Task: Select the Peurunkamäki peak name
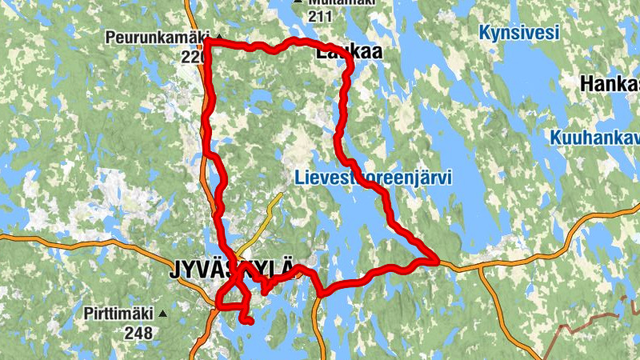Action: point(156,37)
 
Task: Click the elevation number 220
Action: point(192,57)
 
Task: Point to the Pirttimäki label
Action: point(119,314)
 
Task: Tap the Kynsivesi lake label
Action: point(518,33)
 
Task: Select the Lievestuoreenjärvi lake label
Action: point(372,178)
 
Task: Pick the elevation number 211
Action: point(320,16)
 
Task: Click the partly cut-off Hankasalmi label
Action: point(610,84)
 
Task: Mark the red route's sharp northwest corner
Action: point(207,42)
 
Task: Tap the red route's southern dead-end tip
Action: point(249,322)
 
